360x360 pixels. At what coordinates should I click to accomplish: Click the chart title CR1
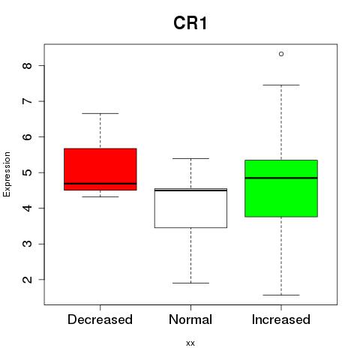[190, 23]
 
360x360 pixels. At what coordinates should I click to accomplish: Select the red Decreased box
[100, 169]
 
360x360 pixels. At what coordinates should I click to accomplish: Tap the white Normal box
[190, 208]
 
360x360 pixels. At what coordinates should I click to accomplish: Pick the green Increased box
[281, 188]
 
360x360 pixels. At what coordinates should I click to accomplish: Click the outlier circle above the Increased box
[281, 54]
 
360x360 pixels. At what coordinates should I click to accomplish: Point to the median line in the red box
[100, 184]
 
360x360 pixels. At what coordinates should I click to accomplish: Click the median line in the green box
[281, 178]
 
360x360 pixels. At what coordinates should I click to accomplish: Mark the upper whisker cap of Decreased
[100, 113]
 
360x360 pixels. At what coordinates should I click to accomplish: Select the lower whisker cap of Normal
[190, 283]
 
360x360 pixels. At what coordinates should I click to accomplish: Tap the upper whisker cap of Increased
[281, 85]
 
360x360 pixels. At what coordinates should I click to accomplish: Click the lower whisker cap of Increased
[281, 295]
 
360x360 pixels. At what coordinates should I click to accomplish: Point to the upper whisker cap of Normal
[190, 158]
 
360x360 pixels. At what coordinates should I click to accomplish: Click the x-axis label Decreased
[100, 319]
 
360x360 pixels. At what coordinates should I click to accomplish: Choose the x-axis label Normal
[190, 319]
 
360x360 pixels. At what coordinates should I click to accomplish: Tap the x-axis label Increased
[281, 319]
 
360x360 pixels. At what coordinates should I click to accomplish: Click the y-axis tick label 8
[27, 65]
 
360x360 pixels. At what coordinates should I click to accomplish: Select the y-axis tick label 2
[27, 280]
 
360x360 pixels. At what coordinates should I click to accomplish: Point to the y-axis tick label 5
[27, 172]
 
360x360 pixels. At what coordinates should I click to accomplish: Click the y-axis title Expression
[7, 174]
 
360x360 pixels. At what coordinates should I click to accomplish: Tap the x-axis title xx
[190, 343]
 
